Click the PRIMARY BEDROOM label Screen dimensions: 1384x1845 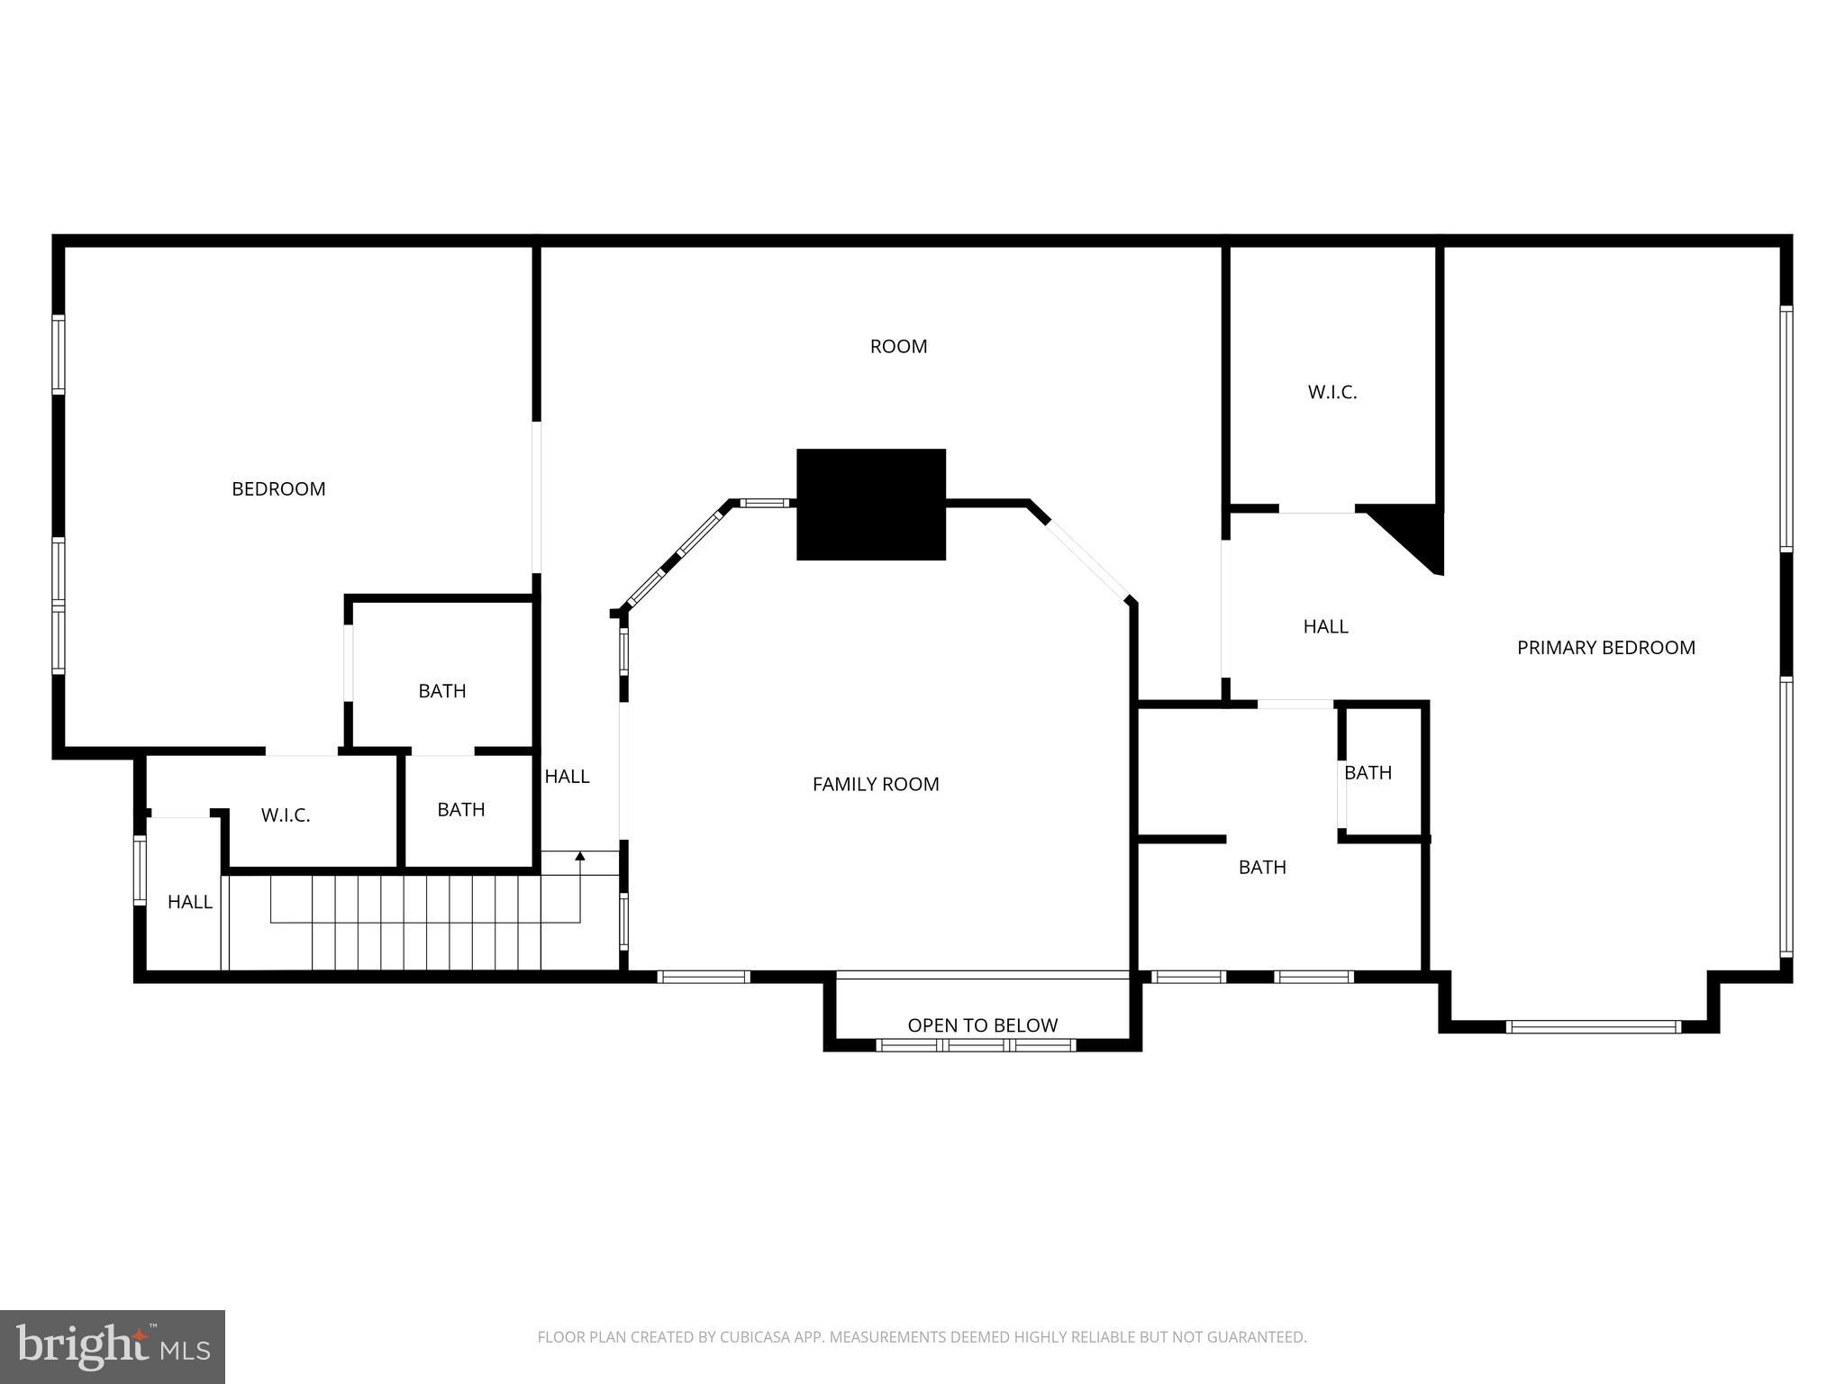click(x=1605, y=647)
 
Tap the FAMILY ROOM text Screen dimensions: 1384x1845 click(x=875, y=784)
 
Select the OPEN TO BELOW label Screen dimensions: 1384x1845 click(x=982, y=1024)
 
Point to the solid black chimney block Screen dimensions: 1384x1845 click(x=870, y=504)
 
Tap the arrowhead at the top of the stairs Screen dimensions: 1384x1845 click(x=580, y=855)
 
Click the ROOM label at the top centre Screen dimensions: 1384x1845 click(x=898, y=346)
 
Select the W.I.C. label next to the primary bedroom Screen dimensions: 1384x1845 click(x=1331, y=392)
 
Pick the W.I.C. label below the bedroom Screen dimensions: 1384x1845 click(x=286, y=815)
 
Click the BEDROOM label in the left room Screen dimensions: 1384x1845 click(x=278, y=488)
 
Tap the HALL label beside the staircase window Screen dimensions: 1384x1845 click(x=190, y=902)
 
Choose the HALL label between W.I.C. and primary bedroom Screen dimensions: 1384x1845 click(x=1325, y=626)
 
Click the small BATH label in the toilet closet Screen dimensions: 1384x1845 click(x=1368, y=772)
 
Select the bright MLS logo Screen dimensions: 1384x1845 click(x=113, y=1346)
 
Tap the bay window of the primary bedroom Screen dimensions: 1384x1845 click(x=1592, y=1026)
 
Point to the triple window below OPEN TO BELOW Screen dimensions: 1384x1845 click(x=976, y=1045)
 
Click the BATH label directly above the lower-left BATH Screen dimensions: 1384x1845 click(x=441, y=691)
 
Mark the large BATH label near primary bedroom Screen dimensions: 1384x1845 click(x=1261, y=867)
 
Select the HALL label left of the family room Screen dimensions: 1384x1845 click(x=567, y=776)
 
